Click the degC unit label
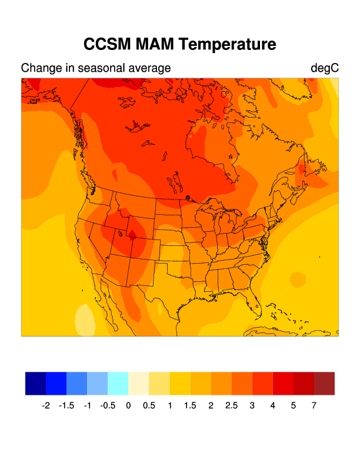[x=325, y=68]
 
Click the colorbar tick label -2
[x=46, y=405]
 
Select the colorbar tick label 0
[x=128, y=405]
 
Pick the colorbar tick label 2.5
[x=231, y=405]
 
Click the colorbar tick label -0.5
[x=108, y=405]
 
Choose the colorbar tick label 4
[x=272, y=405]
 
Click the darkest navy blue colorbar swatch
[x=35, y=384]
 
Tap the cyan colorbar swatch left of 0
[x=118, y=384]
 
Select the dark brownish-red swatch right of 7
[x=324, y=384]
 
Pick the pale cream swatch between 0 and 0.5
[x=138, y=384]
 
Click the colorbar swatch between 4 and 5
[x=283, y=384]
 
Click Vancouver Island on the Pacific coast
[x=78, y=176]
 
